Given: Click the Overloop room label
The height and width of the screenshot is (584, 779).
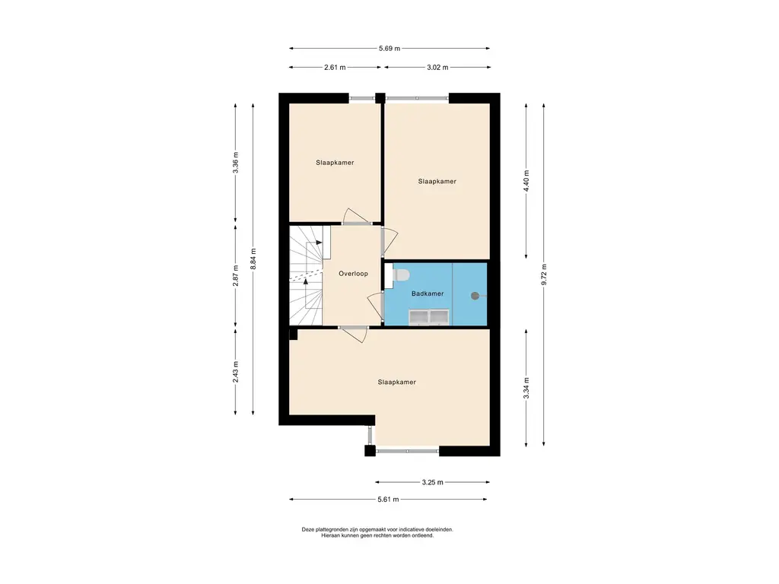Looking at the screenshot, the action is (353, 274).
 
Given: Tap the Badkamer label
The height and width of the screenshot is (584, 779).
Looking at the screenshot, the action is (428, 294).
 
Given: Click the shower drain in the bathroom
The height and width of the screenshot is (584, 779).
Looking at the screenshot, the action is (475, 296).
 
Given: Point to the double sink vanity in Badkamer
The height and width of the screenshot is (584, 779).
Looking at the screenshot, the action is (429, 317).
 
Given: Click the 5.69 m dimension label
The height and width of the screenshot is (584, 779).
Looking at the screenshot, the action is (389, 48).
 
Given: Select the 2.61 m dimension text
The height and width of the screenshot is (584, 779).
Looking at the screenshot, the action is (335, 67).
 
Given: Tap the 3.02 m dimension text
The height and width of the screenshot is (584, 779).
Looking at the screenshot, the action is (437, 67).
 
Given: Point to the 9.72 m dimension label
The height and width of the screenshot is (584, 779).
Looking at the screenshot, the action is (545, 275).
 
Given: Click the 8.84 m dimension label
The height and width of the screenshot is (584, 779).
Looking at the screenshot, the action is (253, 259).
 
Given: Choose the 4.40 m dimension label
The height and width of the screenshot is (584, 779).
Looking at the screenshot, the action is (526, 181).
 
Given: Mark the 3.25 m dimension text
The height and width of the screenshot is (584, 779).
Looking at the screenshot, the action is (432, 481).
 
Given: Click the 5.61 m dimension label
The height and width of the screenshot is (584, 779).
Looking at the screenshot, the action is (388, 499).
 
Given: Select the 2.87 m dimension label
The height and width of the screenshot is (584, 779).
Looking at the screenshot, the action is (236, 275).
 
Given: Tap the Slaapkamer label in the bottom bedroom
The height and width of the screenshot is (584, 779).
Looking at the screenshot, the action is (396, 382).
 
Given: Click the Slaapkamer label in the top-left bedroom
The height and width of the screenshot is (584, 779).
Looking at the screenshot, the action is (335, 163).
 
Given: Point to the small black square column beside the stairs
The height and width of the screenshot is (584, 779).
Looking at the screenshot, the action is (293, 335).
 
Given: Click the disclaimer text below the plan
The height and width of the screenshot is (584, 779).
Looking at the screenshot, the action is (377, 532).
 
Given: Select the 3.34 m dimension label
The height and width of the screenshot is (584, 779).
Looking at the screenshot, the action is (526, 388).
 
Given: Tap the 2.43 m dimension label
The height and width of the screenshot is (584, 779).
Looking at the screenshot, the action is (236, 371).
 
